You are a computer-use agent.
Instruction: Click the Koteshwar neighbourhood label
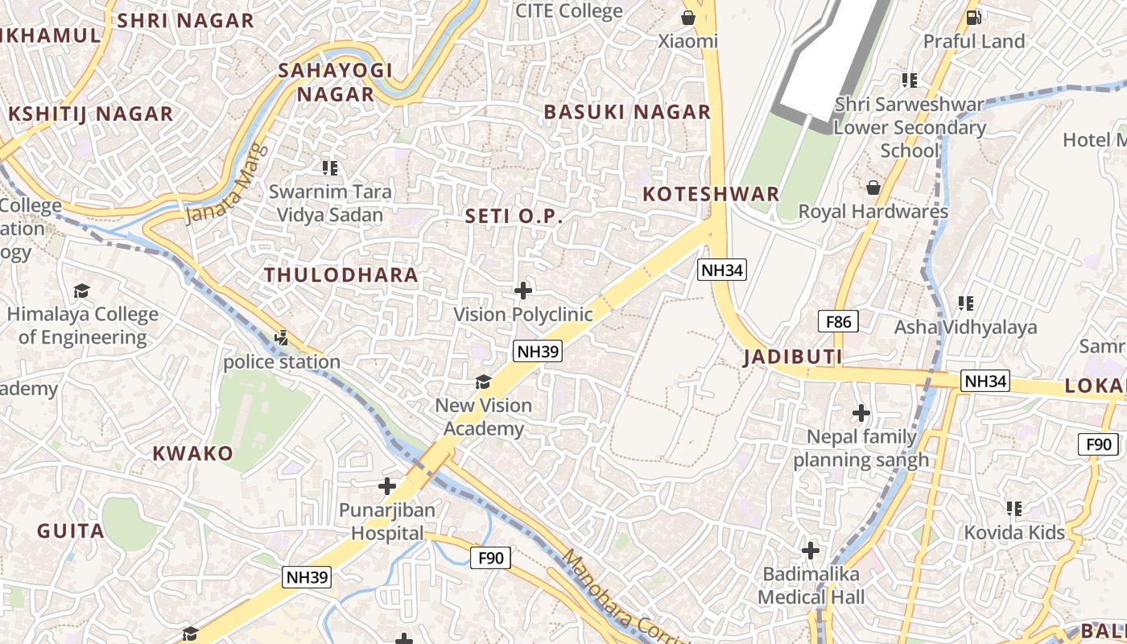click(x=712, y=194)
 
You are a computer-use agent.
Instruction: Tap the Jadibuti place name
click(x=793, y=357)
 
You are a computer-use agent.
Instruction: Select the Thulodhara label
click(x=341, y=275)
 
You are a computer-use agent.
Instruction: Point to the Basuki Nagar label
click(x=627, y=112)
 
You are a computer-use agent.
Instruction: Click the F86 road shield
click(x=838, y=322)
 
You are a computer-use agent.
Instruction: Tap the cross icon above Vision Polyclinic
click(x=523, y=291)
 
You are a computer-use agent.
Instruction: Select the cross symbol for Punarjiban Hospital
click(x=387, y=486)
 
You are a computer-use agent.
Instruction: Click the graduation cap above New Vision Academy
click(x=483, y=382)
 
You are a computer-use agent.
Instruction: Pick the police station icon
click(x=281, y=339)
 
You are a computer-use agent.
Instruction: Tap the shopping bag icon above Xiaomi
click(x=688, y=18)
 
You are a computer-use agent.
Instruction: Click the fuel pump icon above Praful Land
click(x=973, y=17)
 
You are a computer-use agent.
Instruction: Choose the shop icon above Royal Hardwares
click(x=873, y=188)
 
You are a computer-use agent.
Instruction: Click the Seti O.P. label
click(x=514, y=217)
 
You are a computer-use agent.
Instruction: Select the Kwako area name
click(x=193, y=453)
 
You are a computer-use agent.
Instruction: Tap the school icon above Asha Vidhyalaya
click(x=966, y=303)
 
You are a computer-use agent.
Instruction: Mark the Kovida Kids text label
click(x=1014, y=533)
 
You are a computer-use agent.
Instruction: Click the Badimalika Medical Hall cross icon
click(x=811, y=551)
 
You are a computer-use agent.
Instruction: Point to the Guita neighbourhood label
click(x=71, y=531)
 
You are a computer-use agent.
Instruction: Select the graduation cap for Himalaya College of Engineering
click(x=81, y=291)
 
